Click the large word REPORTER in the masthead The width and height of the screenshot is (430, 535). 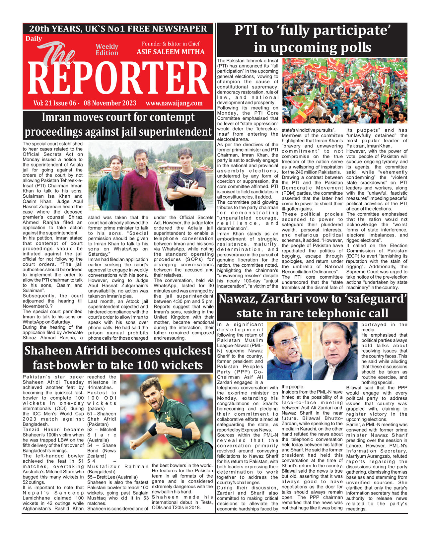118,79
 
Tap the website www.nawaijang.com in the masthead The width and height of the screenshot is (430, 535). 174,103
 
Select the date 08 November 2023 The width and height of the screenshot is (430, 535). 110,103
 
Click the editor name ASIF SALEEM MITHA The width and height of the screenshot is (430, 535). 171,52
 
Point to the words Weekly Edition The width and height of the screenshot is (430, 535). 107,50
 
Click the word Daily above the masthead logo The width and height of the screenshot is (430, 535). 34,39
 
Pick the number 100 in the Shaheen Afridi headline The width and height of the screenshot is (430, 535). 154,365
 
